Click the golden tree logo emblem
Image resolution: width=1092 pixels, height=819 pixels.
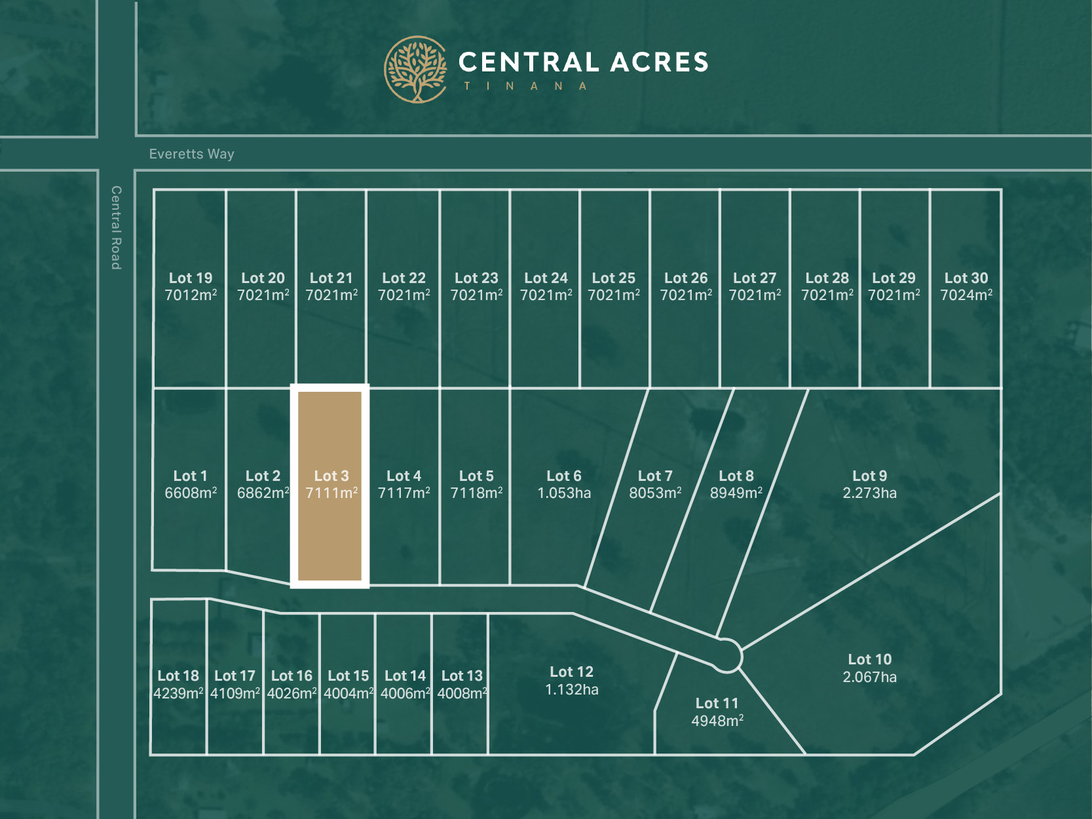coord(415,69)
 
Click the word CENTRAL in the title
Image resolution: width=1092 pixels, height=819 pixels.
coord(528,63)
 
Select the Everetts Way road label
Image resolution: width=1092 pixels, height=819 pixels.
coord(191,154)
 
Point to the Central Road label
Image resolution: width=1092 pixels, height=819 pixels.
coord(116,227)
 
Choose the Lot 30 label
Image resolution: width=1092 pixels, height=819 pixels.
coord(966,278)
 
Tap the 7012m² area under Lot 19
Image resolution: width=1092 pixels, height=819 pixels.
coord(191,295)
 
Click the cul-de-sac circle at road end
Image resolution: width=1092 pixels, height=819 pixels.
coord(726,655)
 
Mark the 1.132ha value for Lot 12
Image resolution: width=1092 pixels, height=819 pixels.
coord(571,689)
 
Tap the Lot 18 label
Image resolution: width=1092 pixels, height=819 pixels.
coord(178,676)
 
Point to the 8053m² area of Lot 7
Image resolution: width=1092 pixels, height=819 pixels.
coord(655,493)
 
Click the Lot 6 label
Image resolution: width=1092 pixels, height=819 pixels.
coord(564,476)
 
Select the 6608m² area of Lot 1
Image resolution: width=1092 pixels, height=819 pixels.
coord(191,493)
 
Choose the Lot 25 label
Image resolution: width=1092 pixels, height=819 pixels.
coord(614,278)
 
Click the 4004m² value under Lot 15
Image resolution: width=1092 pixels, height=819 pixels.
coord(348,693)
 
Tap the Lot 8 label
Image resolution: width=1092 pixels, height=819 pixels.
coord(736,476)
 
